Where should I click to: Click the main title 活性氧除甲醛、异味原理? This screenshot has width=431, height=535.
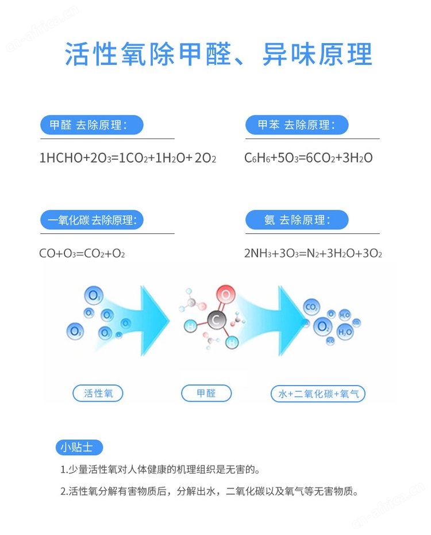218,54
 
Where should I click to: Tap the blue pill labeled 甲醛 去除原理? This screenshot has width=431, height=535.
92,125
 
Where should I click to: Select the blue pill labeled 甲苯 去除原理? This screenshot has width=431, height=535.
297,125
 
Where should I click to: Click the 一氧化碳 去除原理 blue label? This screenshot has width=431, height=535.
92,220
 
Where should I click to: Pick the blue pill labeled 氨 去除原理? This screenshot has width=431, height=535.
297,220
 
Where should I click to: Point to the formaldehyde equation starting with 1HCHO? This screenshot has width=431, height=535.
128,159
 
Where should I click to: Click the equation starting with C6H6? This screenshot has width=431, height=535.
309,158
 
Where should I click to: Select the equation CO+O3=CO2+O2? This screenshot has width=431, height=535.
82,253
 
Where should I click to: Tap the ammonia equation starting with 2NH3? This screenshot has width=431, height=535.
313,253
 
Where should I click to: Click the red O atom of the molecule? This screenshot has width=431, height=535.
226,294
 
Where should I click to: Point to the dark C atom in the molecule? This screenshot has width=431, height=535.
216,320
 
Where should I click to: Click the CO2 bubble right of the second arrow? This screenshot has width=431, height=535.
311,307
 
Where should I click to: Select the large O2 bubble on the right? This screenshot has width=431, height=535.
322,326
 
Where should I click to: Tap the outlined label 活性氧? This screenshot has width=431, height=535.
98,394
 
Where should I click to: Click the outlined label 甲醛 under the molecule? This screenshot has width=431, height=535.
206,394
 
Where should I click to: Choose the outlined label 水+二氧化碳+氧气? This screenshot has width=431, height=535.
318,394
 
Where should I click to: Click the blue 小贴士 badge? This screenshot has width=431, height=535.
79,447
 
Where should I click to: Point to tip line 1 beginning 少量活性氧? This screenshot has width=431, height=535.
160,470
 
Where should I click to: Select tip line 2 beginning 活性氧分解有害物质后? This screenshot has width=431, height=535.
209,491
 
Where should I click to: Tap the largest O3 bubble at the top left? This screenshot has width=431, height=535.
94,295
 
